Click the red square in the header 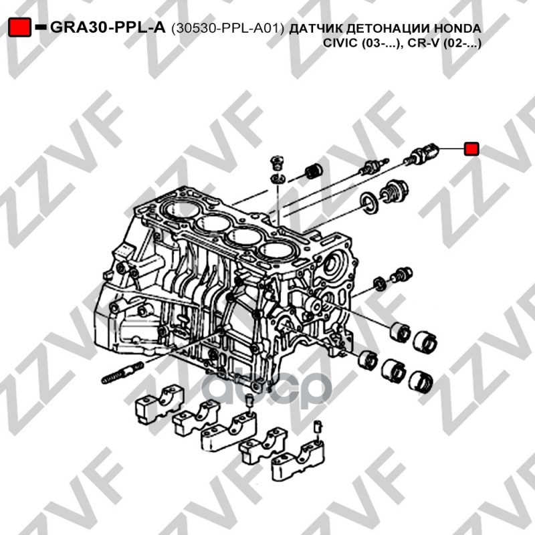(20, 27)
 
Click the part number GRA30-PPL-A (108, 27)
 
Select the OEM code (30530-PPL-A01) (227, 29)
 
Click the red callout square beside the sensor (471, 148)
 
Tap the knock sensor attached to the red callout (421, 153)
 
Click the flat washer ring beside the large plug (370, 204)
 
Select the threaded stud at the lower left (123, 372)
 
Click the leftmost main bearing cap (160, 404)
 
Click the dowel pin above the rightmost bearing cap (318, 426)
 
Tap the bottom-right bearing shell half (421, 381)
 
